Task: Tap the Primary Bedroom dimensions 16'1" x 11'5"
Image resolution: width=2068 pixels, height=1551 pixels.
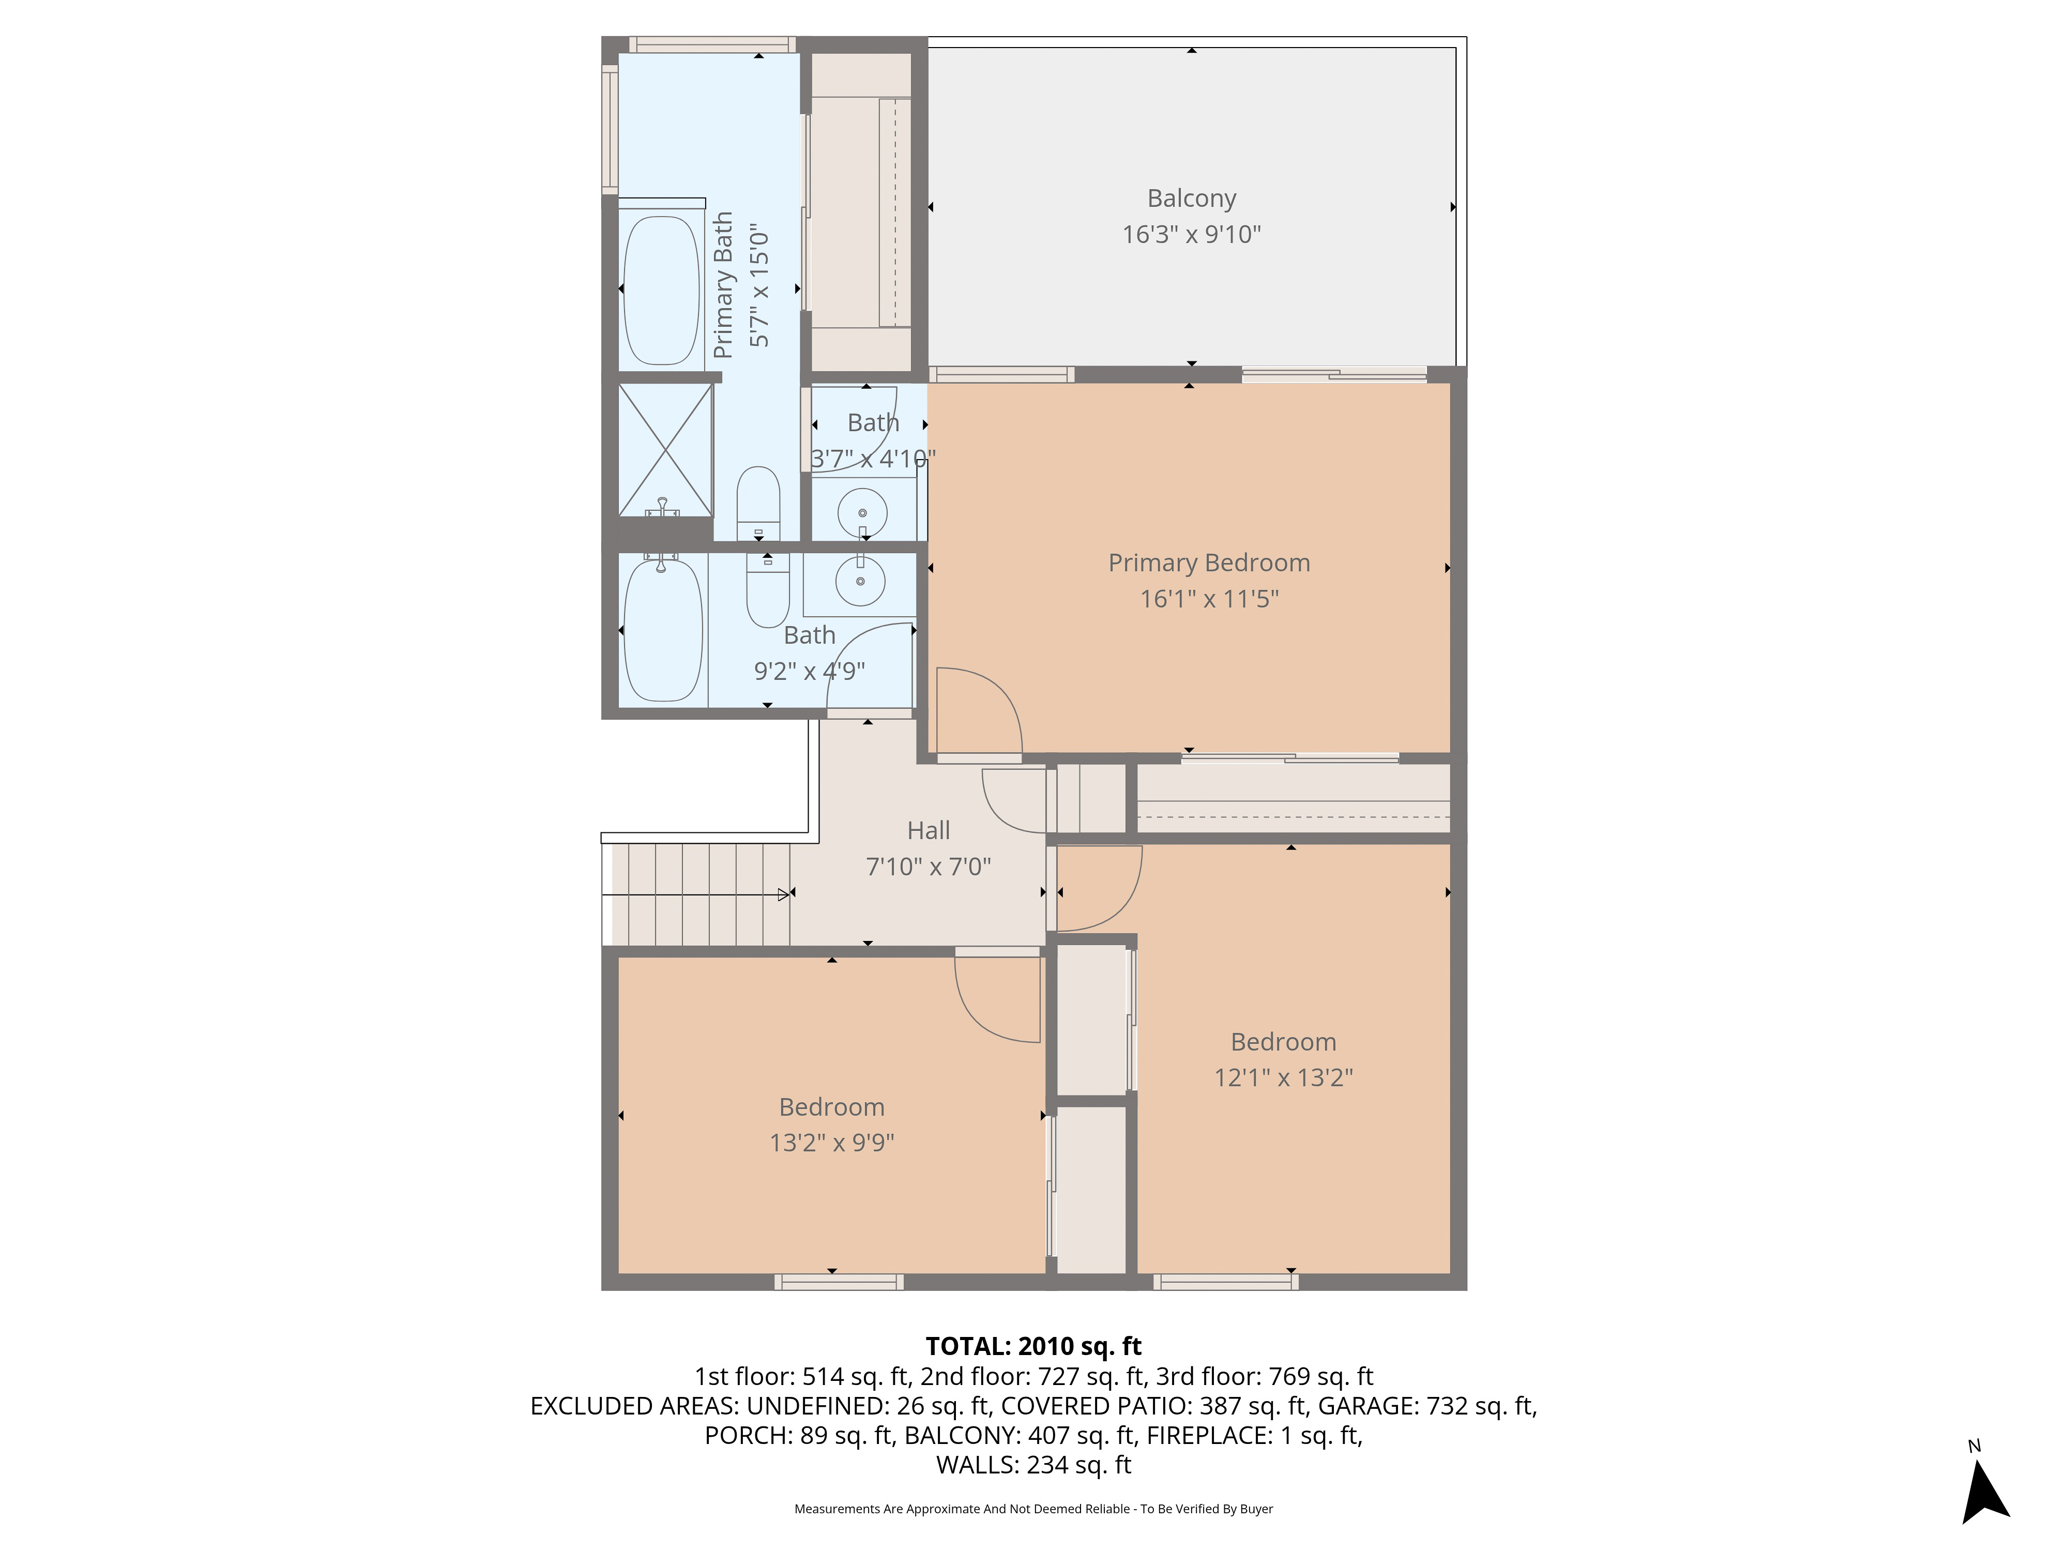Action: click(1209, 598)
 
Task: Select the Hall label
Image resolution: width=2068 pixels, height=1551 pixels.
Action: click(929, 830)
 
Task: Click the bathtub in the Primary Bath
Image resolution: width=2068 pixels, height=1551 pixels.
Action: click(661, 291)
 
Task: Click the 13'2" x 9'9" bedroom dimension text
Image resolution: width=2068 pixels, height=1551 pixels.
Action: click(832, 1143)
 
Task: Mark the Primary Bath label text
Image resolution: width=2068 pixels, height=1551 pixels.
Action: click(723, 285)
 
